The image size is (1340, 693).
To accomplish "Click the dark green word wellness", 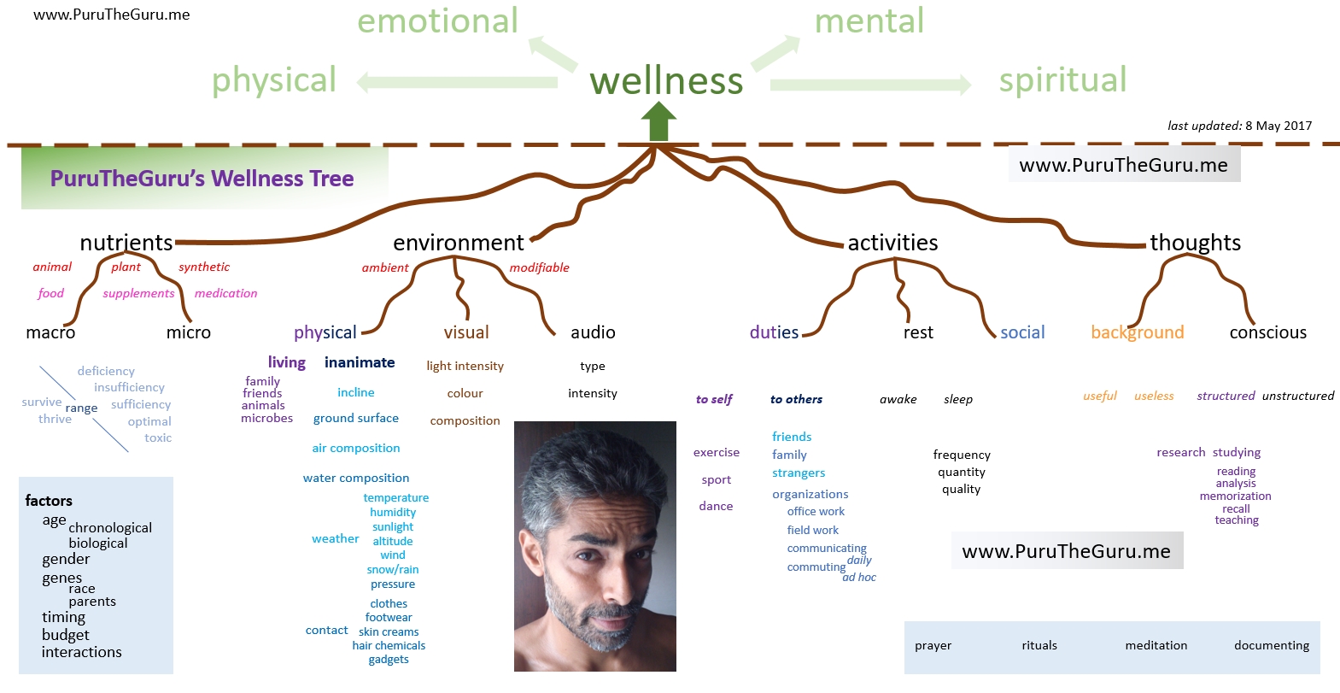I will click(x=666, y=80).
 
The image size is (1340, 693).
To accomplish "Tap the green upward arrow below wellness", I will click(x=658, y=121).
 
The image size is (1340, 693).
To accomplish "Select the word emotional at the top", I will click(x=437, y=21).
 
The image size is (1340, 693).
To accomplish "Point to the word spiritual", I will click(x=1062, y=80).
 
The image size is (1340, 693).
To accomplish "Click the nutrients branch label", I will click(x=126, y=243).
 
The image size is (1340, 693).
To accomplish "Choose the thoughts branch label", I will click(x=1195, y=243).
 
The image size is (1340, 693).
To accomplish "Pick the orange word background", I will click(x=1137, y=332).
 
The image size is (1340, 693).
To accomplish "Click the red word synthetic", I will click(x=204, y=267).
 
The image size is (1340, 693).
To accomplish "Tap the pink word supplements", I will click(x=138, y=293).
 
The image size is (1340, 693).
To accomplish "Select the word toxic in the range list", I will click(x=158, y=438).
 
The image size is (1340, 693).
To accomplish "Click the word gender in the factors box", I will click(x=66, y=559).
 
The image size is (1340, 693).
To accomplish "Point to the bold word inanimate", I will click(x=360, y=362).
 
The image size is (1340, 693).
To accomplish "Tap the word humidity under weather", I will click(x=393, y=512).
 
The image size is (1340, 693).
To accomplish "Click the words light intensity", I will click(x=465, y=366).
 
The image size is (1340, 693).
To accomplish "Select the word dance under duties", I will click(x=716, y=506).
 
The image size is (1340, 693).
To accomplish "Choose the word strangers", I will click(x=799, y=473).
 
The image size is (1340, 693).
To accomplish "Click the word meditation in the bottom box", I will click(x=1156, y=645).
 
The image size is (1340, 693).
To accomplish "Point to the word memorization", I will click(x=1235, y=496).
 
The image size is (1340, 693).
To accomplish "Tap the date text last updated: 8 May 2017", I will click(x=1239, y=126).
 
